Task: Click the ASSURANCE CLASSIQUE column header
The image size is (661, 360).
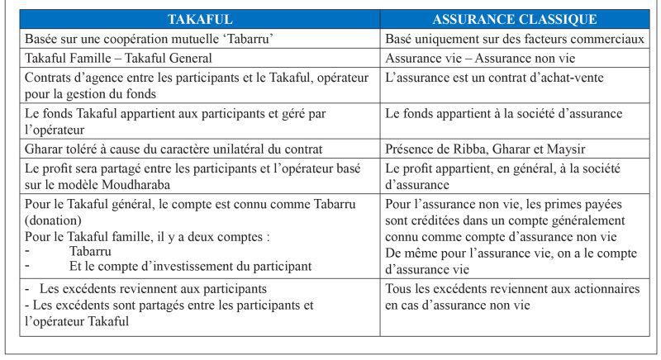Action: [x=515, y=18]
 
